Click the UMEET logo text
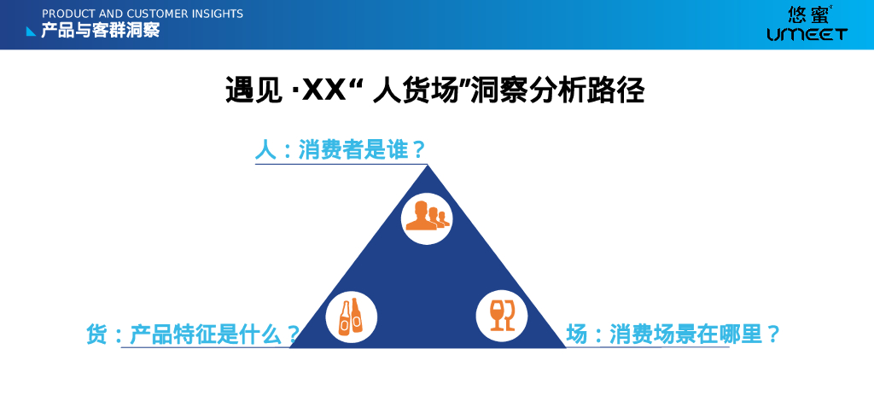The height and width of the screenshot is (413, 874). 807,34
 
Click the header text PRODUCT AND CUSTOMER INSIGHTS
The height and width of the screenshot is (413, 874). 143,14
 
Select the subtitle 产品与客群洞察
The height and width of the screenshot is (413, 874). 101,31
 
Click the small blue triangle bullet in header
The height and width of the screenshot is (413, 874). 31,32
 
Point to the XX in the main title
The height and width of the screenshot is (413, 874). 323,90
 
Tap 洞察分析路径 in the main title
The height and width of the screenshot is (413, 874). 557,90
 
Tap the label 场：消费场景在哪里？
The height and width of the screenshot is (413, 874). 673,334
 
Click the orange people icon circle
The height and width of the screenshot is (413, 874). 427,218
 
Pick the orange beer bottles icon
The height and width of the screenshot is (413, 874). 351,317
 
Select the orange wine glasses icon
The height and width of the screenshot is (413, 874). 502,316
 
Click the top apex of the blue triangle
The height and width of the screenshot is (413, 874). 428,165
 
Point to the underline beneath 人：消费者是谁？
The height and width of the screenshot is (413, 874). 341,165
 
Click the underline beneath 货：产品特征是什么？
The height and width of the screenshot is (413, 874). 206,347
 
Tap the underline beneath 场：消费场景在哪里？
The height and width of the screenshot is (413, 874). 647,347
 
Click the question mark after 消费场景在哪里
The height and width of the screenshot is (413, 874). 772,334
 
